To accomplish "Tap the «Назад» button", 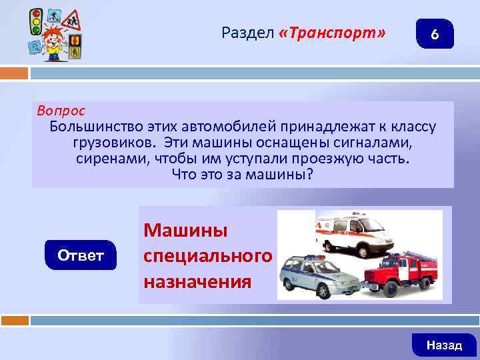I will tap(444, 345).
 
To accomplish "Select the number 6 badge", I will tap(435, 34).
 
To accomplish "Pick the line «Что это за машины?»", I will tap(242, 176).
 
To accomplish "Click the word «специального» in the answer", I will tap(207, 256).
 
